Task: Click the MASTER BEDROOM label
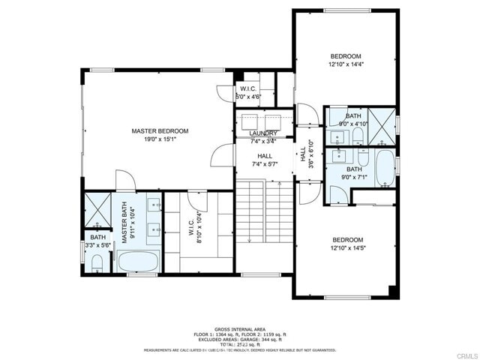(160, 131)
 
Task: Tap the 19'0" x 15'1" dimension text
(160, 139)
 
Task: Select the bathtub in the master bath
(138, 263)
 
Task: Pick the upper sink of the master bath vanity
(154, 205)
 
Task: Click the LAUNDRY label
(263, 133)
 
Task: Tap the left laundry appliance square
(247, 121)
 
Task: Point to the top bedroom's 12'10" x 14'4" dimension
(346, 65)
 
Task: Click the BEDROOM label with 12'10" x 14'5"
(347, 240)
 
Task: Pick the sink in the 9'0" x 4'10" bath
(337, 137)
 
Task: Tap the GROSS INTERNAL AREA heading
(240, 329)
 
